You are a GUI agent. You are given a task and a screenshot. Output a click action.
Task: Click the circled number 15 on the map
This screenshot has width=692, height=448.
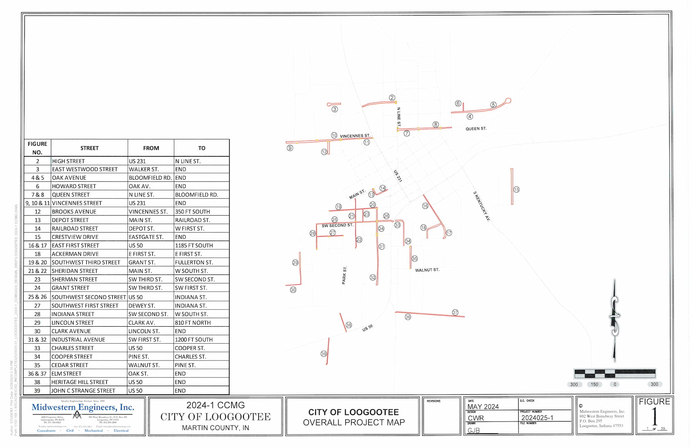tap(516, 189)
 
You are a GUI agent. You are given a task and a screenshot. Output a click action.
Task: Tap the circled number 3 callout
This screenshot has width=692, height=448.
tap(335, 109)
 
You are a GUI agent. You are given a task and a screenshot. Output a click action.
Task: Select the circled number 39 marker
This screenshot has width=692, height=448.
tap(324, 354)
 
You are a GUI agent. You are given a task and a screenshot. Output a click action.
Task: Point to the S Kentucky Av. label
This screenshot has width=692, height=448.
tap(481, 206)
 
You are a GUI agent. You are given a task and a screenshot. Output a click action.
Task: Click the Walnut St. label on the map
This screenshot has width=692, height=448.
tap(427, 270)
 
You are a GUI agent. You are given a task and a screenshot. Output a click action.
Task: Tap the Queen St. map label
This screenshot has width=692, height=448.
tap(476, 129)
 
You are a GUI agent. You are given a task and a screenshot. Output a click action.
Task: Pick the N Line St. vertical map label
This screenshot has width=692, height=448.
tap(399, 117)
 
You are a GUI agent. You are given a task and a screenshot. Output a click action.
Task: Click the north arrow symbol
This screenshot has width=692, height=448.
tap(615, 321)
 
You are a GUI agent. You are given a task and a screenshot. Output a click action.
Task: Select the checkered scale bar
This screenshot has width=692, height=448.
tap(615, 373)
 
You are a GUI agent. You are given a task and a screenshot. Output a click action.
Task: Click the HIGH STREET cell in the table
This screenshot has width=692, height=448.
tap(68, 161)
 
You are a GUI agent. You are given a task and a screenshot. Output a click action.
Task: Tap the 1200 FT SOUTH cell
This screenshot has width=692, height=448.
tap(194, 340)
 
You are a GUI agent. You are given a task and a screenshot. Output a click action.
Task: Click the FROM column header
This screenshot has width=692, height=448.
tap(151, 148)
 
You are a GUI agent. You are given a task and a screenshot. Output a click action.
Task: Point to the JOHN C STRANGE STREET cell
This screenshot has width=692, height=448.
tap(83, 391)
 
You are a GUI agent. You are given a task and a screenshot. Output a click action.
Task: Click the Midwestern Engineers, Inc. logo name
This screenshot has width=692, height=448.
tap(83, 407)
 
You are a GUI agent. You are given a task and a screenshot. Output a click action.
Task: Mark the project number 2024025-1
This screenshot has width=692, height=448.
tap(537, 418)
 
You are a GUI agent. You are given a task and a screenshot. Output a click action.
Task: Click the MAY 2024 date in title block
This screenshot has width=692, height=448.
tap(483, 406)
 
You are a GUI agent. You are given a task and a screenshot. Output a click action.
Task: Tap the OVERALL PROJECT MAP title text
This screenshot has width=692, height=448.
tap(353, 422)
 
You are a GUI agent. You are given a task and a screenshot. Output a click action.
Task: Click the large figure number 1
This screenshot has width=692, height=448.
tap(654, 417)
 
